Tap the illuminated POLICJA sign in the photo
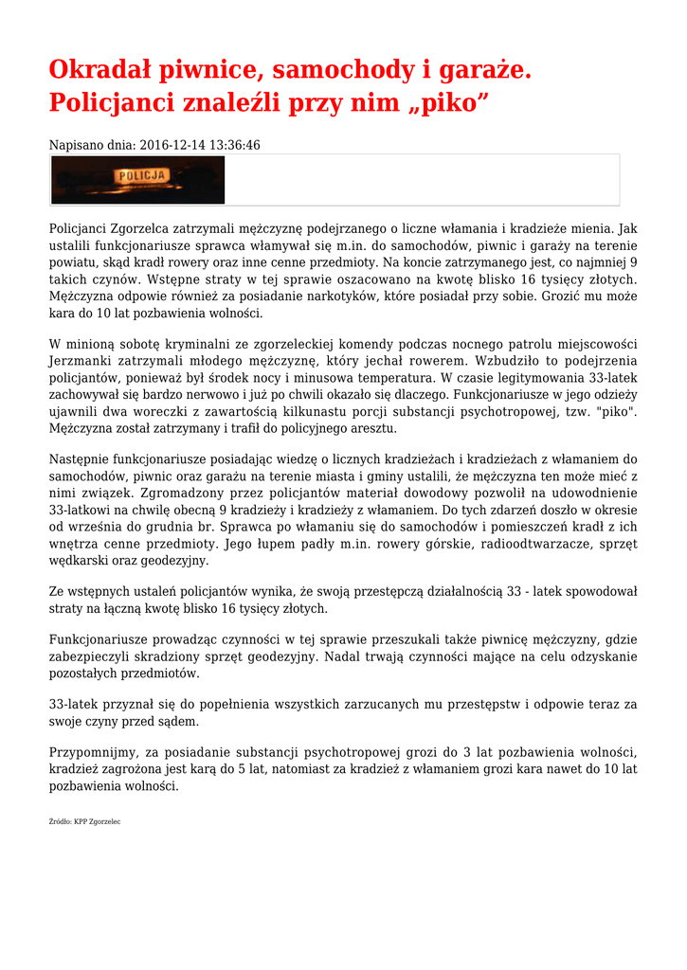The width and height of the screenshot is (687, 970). click(141, 176)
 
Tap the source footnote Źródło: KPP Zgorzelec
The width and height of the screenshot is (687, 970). click(84, 821)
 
